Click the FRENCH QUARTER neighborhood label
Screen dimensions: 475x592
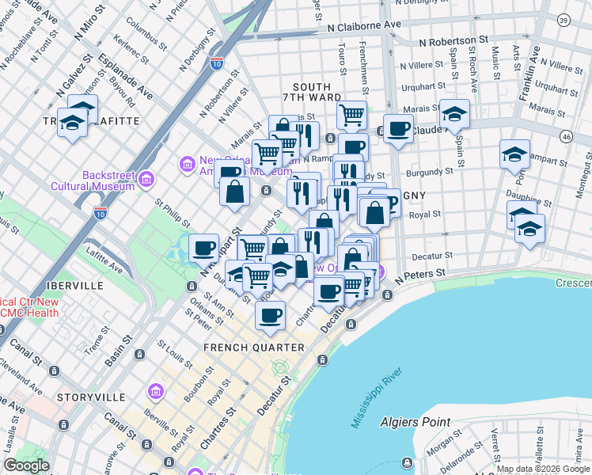[253, 348]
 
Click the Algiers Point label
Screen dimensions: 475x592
[415, 423]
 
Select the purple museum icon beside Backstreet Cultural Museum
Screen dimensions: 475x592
[146, 181]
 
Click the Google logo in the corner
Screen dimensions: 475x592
[26, 465]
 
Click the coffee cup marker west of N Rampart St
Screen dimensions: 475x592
[204, 247]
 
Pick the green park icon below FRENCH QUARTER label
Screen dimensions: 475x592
[279, 367]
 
